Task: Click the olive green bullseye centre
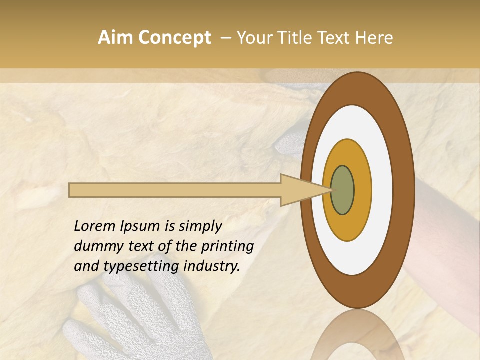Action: [x=343, y=190]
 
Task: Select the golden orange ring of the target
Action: [x=362, y=190]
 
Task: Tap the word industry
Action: [x=212, y=267]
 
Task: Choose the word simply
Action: [x=199, y=227]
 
